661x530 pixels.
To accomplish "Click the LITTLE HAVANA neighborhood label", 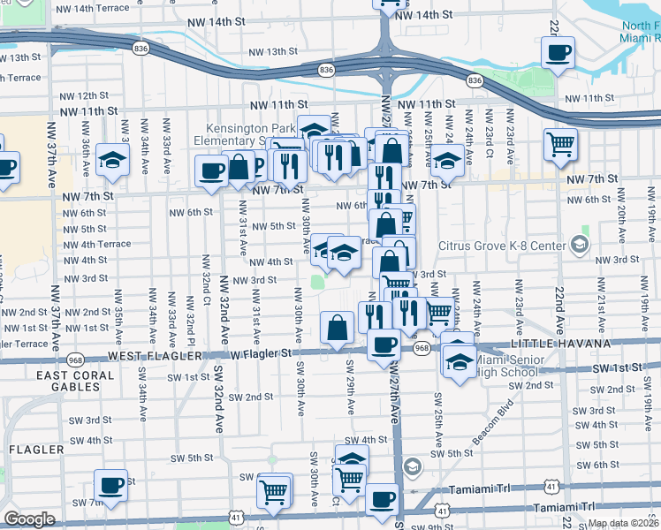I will pos(560,344).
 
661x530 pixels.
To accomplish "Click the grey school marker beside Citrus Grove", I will pos(580,243).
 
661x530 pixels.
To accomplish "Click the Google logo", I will pos(28,519).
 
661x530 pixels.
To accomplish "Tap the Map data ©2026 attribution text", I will pos(622,523).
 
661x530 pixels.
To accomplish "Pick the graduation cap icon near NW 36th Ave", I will pos(113,160).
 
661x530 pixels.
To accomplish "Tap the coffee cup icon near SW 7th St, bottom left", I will pos(110,484).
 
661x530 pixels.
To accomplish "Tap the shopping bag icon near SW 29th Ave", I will pos(338,329).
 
